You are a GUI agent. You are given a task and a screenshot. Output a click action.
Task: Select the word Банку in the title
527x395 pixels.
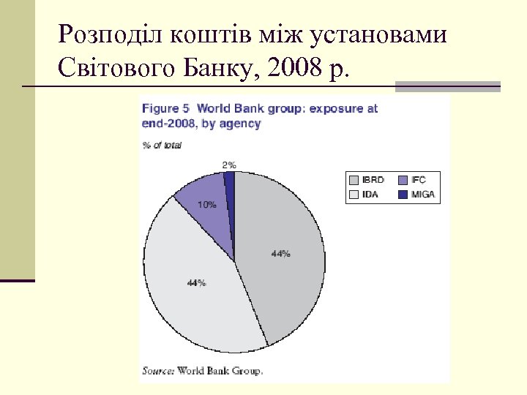pyautogui.click(x=217, y=69)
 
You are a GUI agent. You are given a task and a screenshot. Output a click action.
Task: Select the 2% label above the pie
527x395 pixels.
pyautogui.click(x=228, y=165)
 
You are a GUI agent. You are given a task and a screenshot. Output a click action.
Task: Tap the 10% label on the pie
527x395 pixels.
pyautogui.click(x=206, y=205)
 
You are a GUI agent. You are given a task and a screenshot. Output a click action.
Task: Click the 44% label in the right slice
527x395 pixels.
pyautogui.click(x=280, y=254)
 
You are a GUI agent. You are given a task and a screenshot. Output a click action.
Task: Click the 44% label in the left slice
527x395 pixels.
pyautogui.click(x=196, y=283)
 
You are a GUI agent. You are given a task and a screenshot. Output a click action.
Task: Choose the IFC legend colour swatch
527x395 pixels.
pyautogui.click(x=404, y=179)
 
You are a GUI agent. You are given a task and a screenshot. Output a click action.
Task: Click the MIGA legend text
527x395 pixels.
pyautogui.click(x=424, y=195)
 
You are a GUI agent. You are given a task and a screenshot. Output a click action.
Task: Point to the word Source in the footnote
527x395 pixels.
pyautogui.click(x=157, y=370)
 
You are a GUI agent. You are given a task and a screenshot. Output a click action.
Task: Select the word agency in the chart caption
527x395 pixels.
pyautogui.click(x=242, y=124)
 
